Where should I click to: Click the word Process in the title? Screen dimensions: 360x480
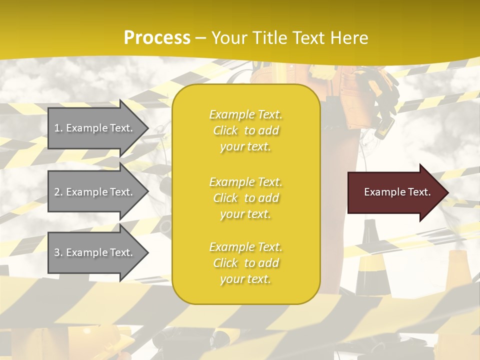tap(157, 38)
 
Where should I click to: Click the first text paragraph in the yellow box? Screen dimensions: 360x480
tap(245, 130)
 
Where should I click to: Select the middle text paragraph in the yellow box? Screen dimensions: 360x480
tap(245, 198)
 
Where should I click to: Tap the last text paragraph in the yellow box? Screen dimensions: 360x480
tap(245, 263)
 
